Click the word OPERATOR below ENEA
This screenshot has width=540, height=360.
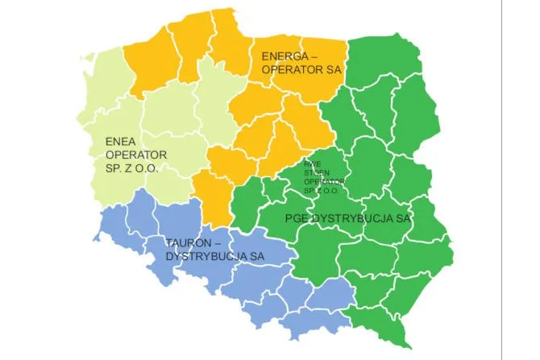[136, 155]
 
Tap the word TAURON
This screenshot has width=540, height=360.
[189, 242]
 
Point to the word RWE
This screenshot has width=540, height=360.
[312, 163]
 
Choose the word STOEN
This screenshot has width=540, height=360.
[317, 172]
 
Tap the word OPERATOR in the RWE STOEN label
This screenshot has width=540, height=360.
[323, 181]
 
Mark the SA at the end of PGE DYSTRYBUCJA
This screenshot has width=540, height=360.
[403, 218]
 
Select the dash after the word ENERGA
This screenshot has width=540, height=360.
[314, 56]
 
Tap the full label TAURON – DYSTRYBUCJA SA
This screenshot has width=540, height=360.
[215, 250]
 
